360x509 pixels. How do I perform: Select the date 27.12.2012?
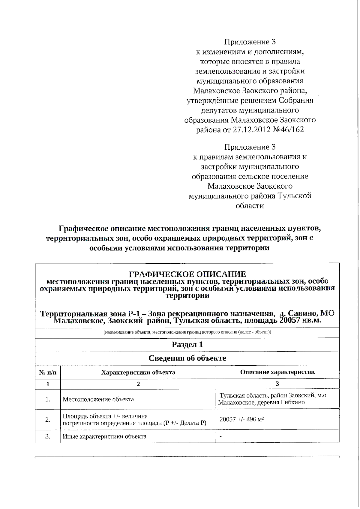[x=251, y=130]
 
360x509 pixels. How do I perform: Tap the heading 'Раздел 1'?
[x=187, y=344]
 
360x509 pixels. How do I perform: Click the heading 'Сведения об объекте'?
[x=187, y=358]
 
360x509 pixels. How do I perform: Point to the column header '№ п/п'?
[x=48, y=373]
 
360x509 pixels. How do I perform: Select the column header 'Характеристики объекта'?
[x=138, y=373]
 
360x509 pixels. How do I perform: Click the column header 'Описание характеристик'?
[x=277, y=372]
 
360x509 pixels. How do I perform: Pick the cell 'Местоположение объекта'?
[x=98, y=399]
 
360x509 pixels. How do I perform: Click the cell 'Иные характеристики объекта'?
[x=104, y=436]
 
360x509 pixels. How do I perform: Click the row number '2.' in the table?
[x=48, y=420]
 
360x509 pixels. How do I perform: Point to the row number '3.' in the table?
[x=48, y=436]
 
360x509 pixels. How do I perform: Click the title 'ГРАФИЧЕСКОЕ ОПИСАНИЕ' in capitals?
[x=187, y=274]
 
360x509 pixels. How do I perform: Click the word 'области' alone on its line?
[x=250, y=206]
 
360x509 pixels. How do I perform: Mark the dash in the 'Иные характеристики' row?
[x=221, y=437]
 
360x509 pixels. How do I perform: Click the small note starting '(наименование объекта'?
[x=187, y=332]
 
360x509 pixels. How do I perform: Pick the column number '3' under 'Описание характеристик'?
[x=277, y=384]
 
